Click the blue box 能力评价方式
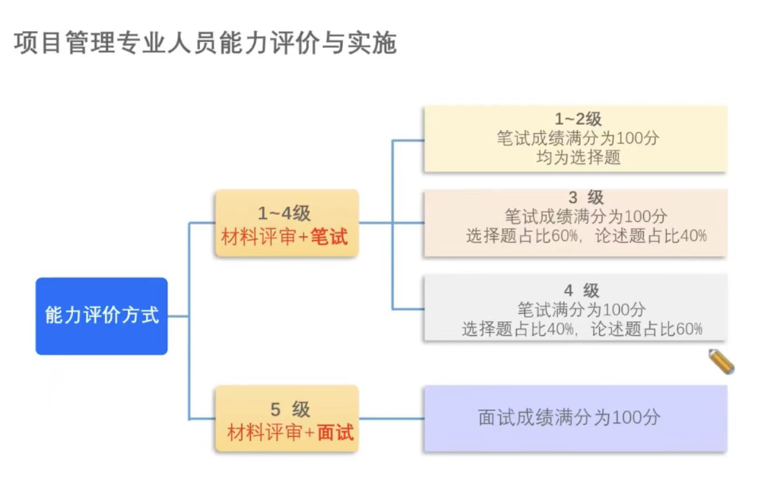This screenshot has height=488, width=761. click(101, 315)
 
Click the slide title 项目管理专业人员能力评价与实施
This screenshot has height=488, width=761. click(205, 43)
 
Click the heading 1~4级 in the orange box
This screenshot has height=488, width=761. click(284, 214)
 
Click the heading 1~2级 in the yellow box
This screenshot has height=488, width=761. click(578, 119)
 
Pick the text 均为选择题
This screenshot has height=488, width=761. click(578, 158)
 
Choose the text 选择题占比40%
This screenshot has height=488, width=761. click(518, 329)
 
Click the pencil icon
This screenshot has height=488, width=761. click(721, 361)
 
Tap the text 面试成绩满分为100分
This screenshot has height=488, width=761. click(569, 417)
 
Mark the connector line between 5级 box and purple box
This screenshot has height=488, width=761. click(391, 419)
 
